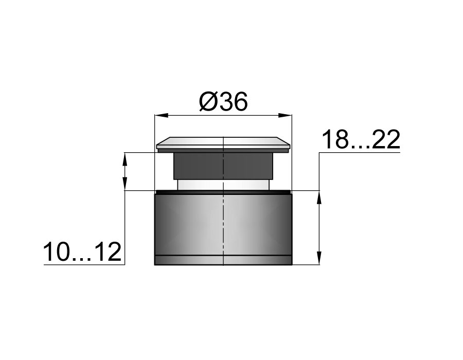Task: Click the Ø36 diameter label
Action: (x=223, y=102)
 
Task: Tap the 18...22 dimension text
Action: (x=361, y=139)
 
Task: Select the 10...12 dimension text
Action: (x=82, y=252)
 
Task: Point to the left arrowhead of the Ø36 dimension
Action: (x=162, y=115)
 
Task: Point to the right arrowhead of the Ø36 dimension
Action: (x=285, y=115)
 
